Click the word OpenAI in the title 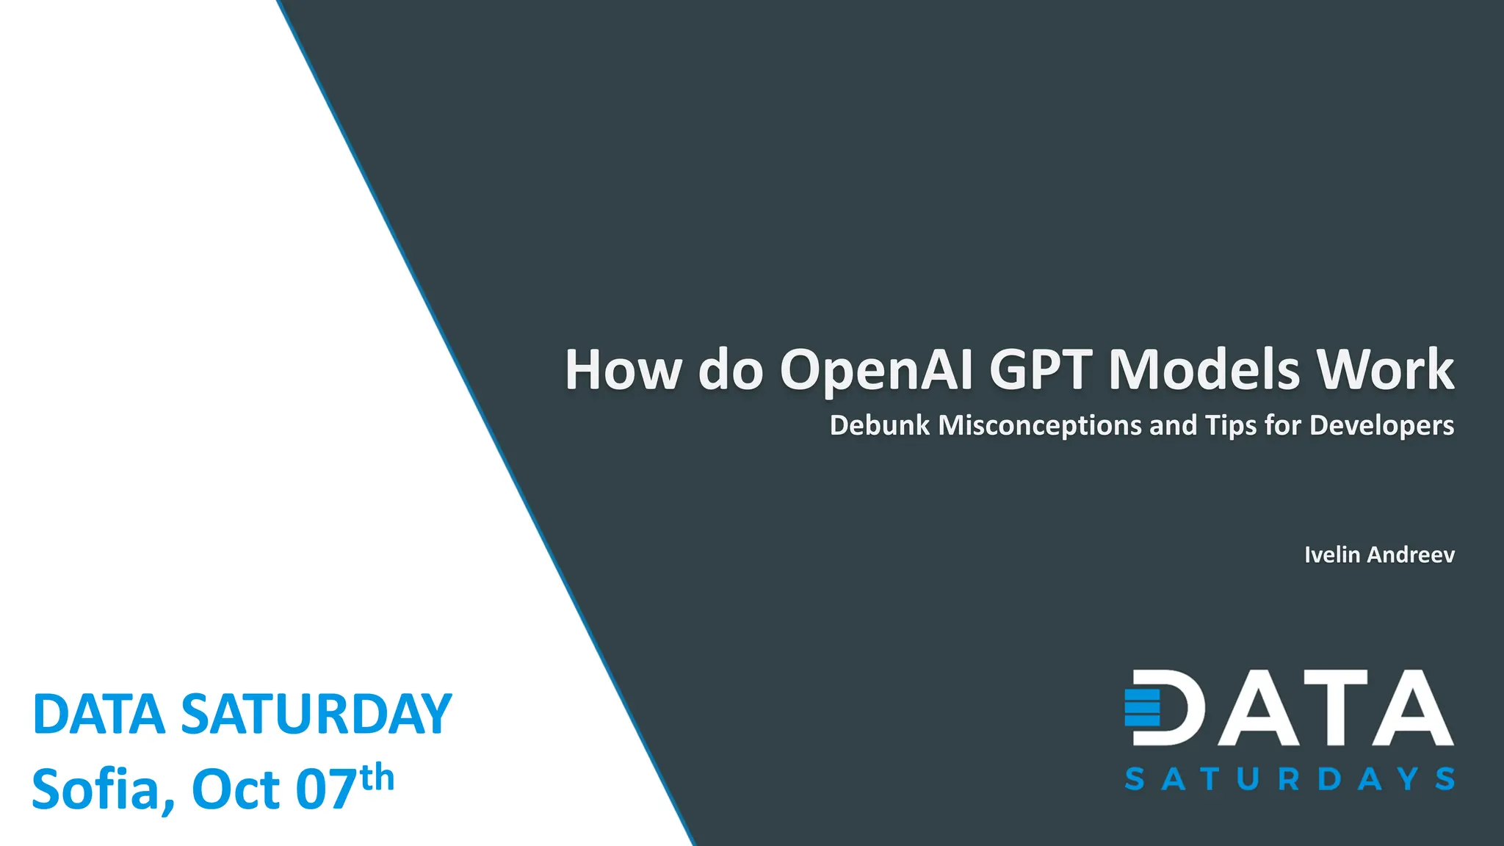[x=876, y=369]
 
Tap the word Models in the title [x=1204, y=369]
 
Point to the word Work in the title [x=1385, y=369]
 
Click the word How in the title [x=623, y=369]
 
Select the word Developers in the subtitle [x=1381, y=426]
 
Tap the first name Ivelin [x=1331, y=554]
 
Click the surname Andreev [x=1411, y=554]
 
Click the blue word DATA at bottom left [x=98, y=714]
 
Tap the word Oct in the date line [x=235, y=789]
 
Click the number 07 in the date [x=326, y=789]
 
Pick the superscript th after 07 [x=377, y=777]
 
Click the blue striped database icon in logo [x=1142, y=706]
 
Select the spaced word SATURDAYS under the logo [x=1289, y=779]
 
